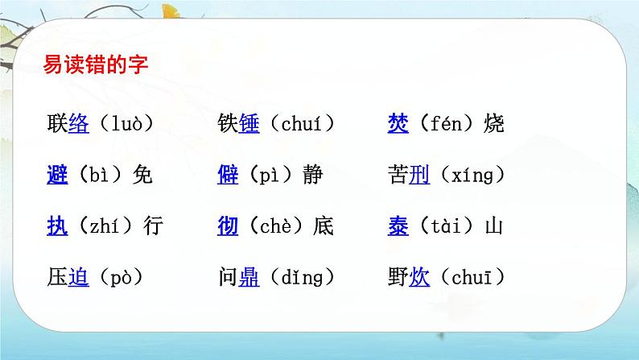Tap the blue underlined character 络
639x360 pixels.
pyautogui.click(x=79, y=124)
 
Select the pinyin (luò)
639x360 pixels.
pyautogui.click(x=122, y=124)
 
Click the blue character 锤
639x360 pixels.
pyautogui.click(x=249, y=124)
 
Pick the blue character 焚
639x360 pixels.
pyautogui.click(x=398, y=124)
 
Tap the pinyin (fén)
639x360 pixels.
pyautogui.click(x=447, y=124)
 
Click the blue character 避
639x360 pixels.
pyautogui.click(x=58, y=175)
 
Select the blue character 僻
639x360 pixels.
pyautogui.click(x=228, y=175)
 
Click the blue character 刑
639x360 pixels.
pyautogui.click(x=419, y=175)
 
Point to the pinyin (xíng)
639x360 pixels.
pyautogui.click(x=468, y=175)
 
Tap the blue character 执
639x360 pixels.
pyautogui.click(x=58, y=226)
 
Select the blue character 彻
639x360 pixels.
pyautogui.click(x=228, y=226)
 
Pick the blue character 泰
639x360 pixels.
pyautogui.click(x=398, y=226)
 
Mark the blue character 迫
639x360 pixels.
pyautogui.click(x=79, y=278)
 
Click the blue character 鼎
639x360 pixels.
pyautogui.click(x=249, y=278)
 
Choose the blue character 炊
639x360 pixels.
pyautogui.click(x=419, y=278)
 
